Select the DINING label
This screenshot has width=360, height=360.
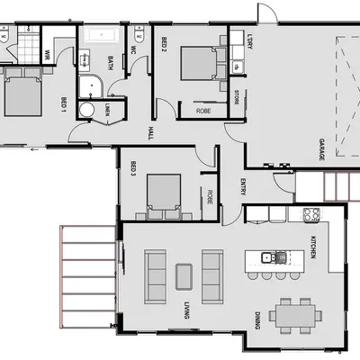pyautogui.click(x=258, y=319)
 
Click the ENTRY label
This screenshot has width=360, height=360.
pyautogui.click(x=243, y=186)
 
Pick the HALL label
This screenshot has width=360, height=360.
pyautogui.click(x=148, y=133)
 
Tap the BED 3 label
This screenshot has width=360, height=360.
pyautogui.click(x=132, y=168)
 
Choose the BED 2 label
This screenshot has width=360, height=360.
pyautogui.click(x=164, y=44)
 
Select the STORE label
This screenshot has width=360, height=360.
pyautogui.click(x=238, y=97)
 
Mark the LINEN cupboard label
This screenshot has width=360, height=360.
pyautogui.click(x=107, y=110)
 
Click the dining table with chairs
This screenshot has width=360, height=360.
pyautogui.click(x=296, y=315)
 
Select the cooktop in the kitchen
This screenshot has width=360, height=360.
pyautogui.click(x=311, y=214)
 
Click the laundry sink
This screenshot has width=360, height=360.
pyautogui.click(x=238, y=65)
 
